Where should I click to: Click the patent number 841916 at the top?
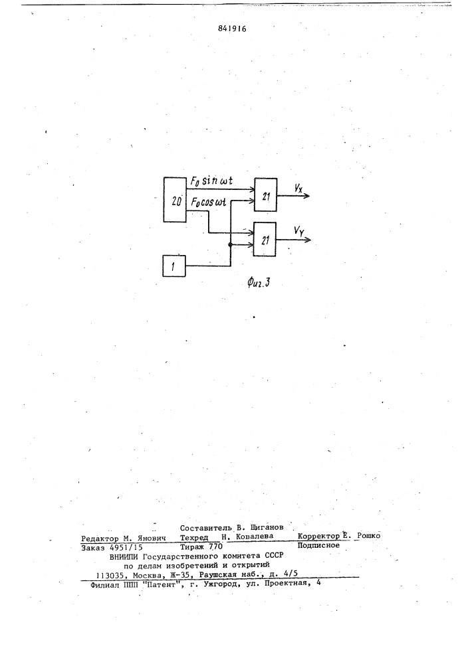pos(232,29)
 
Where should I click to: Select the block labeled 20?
pos(175,200)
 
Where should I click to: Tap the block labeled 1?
pos(174,266)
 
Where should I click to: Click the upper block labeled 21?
pos(265,195)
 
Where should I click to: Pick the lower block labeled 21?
pos(265,239)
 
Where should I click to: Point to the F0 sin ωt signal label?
pos(211,181)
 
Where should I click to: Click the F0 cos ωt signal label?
pos(209,203)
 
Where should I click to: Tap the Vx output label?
pos(298,188)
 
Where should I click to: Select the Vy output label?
pos(298,231)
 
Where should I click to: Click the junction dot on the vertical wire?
pos(230,245)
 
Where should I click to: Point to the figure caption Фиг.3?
pos(259,282)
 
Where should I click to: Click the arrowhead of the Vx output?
pos(307,196)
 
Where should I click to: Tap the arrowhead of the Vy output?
pos(308,240)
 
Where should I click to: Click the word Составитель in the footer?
pos(206,528)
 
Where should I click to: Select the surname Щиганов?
pos(267,528)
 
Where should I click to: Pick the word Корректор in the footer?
pos(318,536)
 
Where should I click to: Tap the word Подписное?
pos(318,545)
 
